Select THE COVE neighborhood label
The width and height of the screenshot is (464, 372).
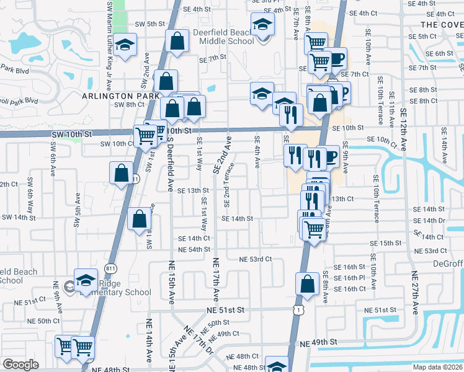point(442,24)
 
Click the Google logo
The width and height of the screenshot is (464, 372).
point(20,365)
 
